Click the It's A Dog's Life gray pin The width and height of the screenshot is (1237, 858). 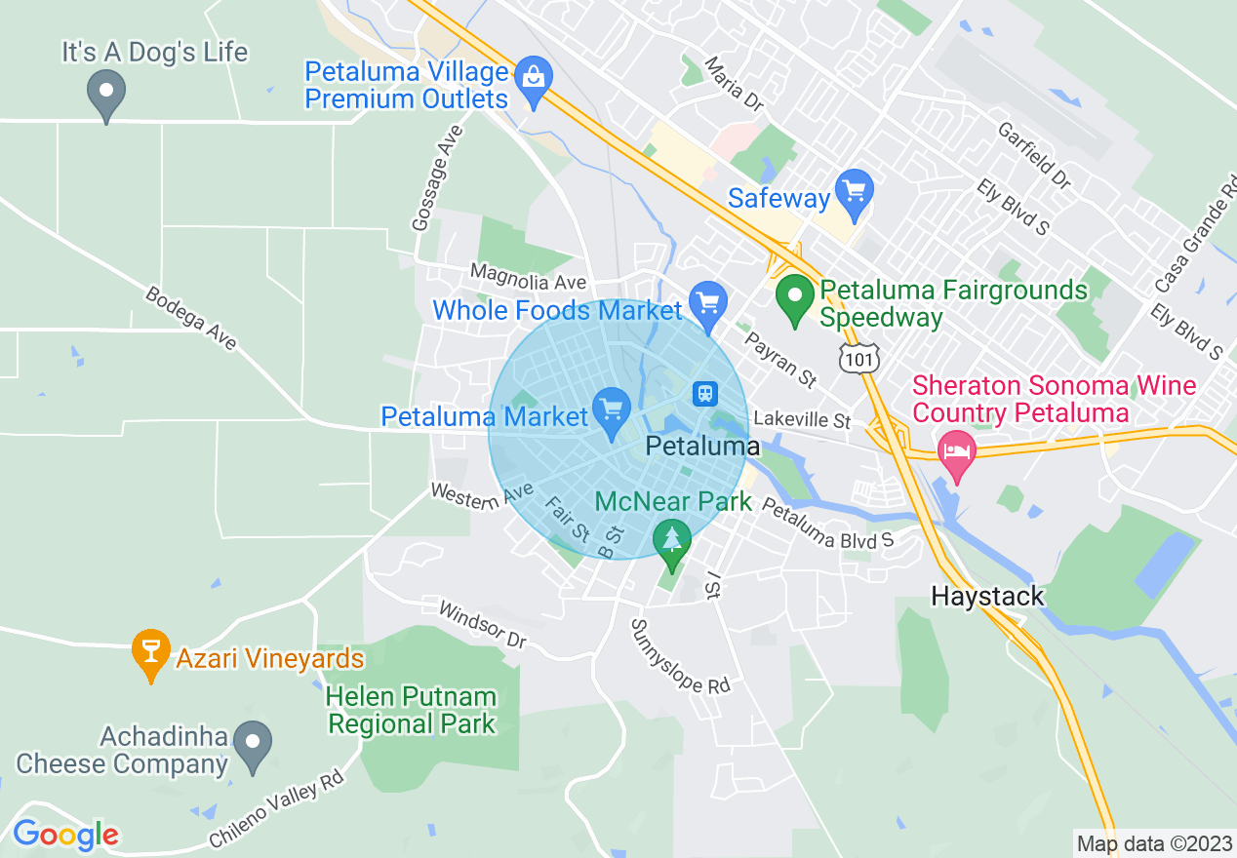click(x=105, y=95)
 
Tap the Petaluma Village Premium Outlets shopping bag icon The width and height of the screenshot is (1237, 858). click(x=534, y=74)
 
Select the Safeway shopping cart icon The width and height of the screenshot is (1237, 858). click(x=855, y=188)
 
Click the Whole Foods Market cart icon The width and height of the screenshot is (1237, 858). click(x=707, y=300)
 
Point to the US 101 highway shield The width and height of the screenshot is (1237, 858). click(x=859, y=359)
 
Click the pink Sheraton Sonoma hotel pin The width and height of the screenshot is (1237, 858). click(x=956, y=451)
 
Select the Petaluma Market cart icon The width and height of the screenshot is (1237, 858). click(x=612, y=408)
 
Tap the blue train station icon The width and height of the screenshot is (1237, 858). click(x=704, y=393)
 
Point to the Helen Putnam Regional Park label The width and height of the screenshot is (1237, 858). click(x=411, y=710)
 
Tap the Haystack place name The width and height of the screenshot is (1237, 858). click(x=987, y=596)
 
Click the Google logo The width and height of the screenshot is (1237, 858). click(x=65, y=835)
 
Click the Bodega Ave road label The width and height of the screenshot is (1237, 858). click(x=191, y=318)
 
